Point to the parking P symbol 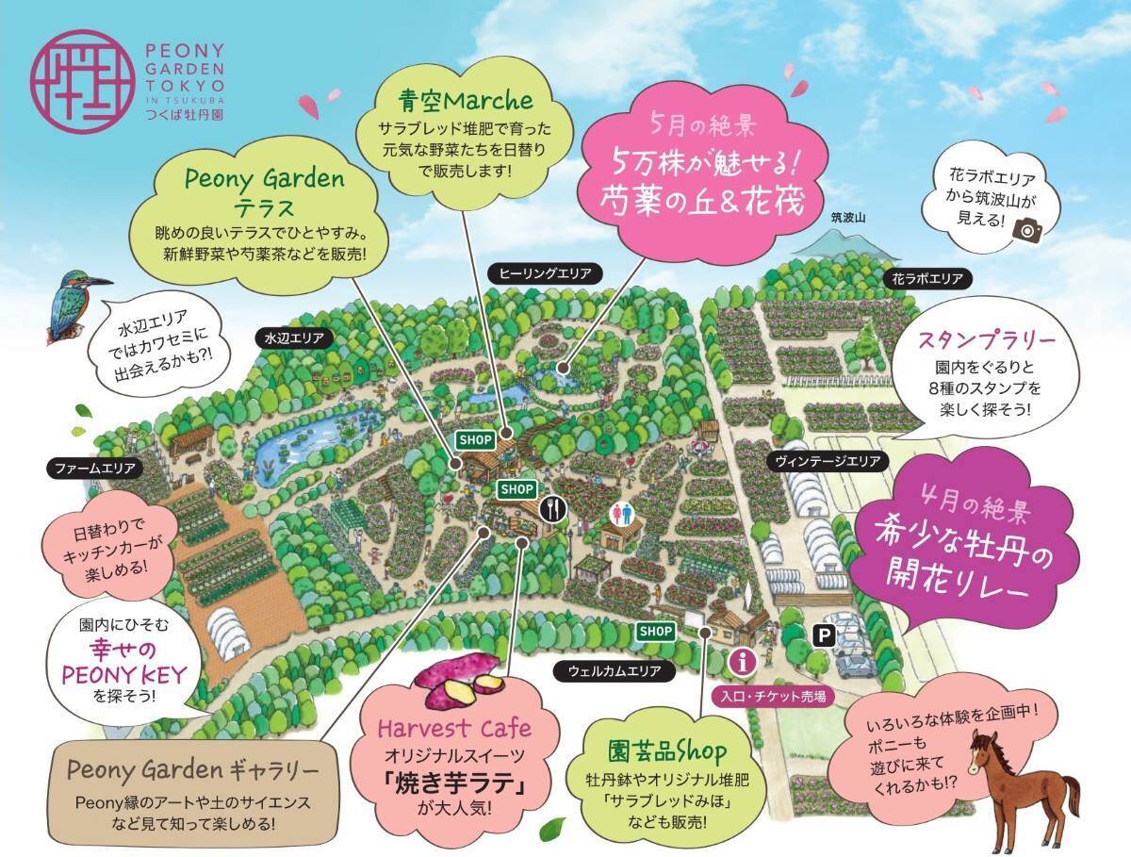tap(824, 637)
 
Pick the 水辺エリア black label tap(295, 336)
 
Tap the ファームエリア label tap(94, 467)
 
